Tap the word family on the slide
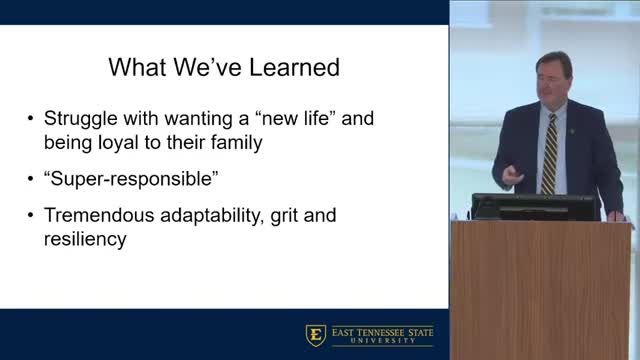pyautogui.click(x=235, y=143)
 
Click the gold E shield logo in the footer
pyautogui.click(x=313, y=334)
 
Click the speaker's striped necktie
pyautogui.click(x=549, y=155)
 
